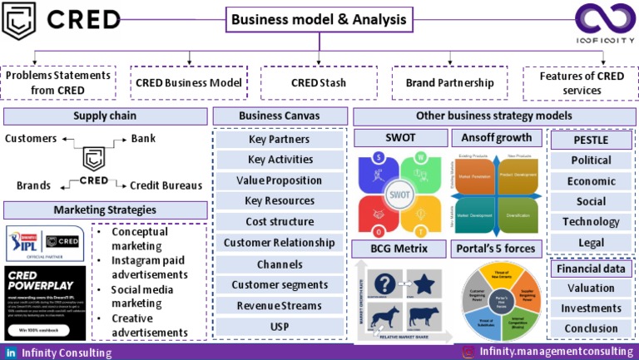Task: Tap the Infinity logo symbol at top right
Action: pos(607,19)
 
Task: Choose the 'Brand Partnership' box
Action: pos(450,83)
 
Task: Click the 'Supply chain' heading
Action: pos(105,116)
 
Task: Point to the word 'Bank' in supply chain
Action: pos(143,138)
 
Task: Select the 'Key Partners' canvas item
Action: pos(279,139)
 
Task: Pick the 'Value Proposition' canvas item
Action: pos(279,180)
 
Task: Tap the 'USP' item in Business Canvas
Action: pos(279,327)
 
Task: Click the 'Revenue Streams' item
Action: pos(279,306)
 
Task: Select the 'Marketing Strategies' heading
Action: pos(105,210)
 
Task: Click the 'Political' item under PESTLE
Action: pos(591,160)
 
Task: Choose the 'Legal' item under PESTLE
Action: pos(591,243)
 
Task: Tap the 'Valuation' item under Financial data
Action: pos(591,287)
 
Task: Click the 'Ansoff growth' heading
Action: pos(496,137)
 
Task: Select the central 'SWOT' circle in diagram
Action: pos(399,194)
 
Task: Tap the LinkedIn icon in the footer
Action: pos(12,353)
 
